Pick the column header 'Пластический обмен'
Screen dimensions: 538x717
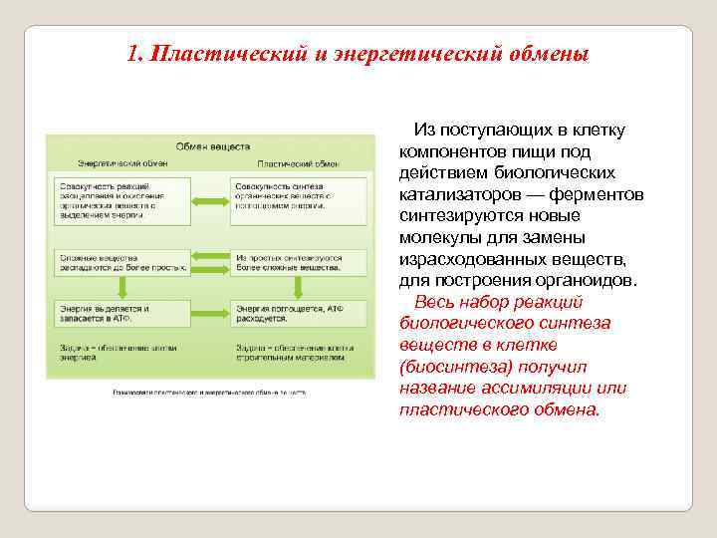coord(299,163)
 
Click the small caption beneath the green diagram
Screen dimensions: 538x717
coord(209,392)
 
